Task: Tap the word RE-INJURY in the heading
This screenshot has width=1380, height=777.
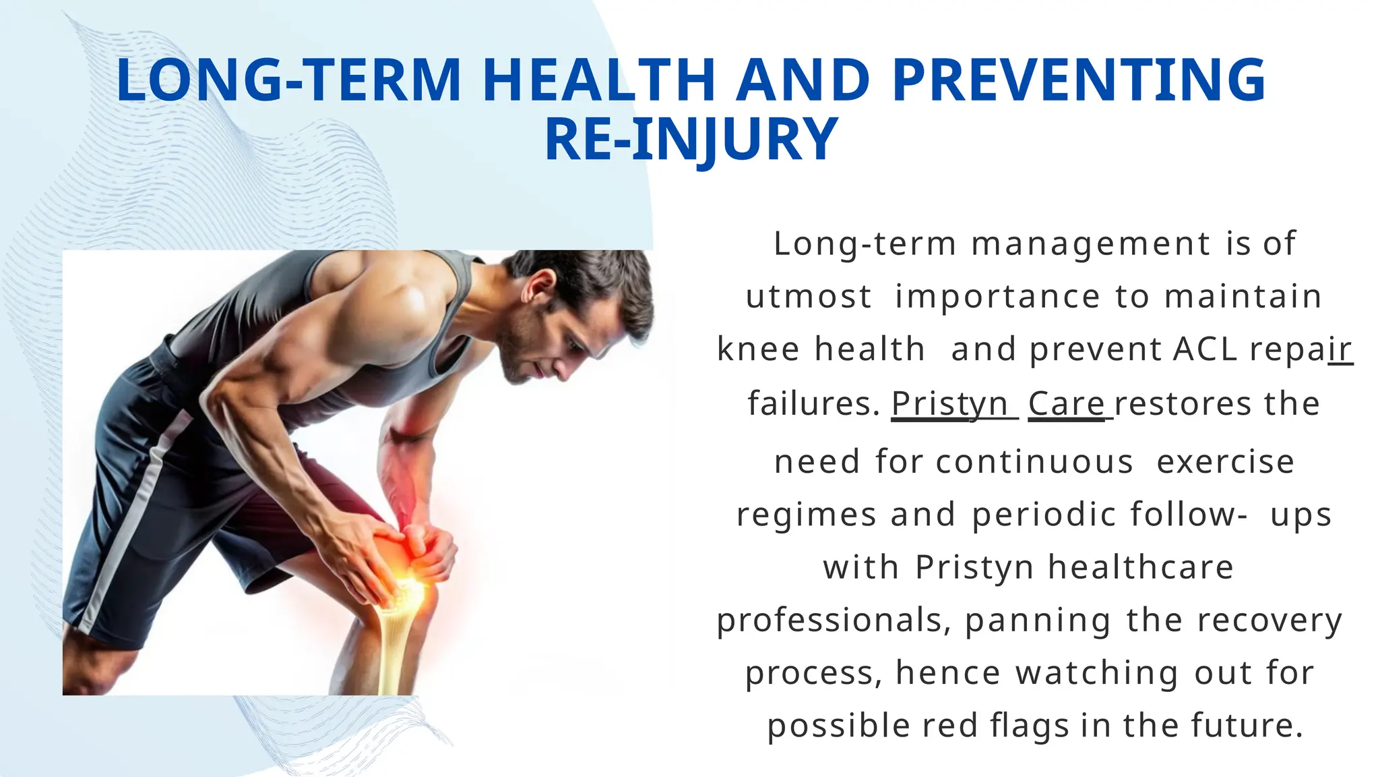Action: tap(691, 140)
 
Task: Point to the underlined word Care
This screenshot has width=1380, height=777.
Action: tap(1067, 404)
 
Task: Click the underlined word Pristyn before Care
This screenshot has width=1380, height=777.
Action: tap(950, 404)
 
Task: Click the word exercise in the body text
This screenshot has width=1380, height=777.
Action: tap(1226, 462)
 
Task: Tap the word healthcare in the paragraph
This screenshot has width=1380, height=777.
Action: tap(1141, 567)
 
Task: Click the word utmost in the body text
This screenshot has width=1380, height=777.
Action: tap(809, 297)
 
